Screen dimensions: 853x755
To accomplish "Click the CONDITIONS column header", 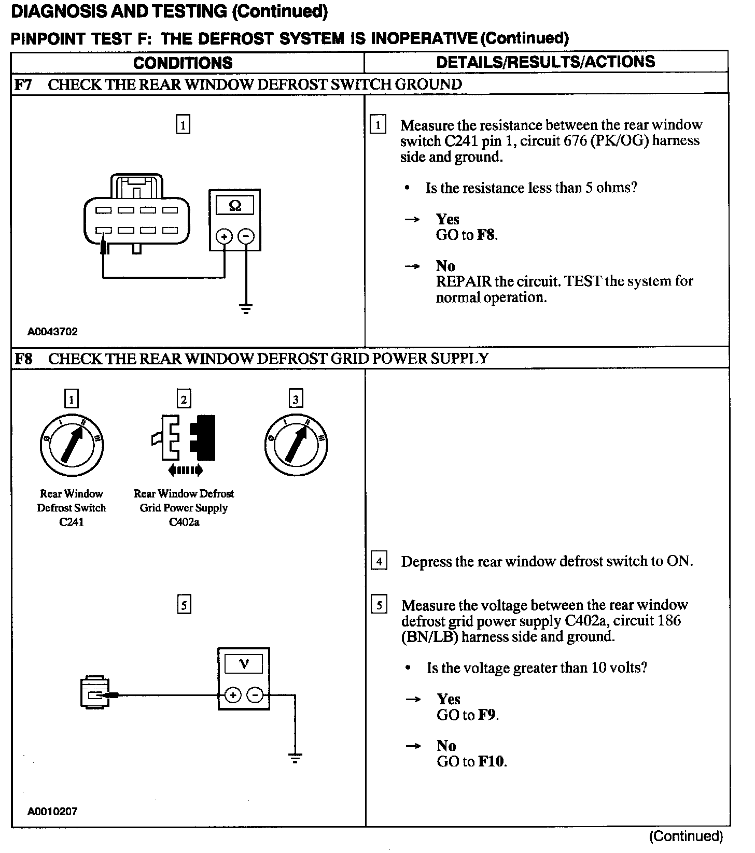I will coord(183,63).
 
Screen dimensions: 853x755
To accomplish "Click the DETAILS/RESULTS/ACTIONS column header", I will coord(546,62).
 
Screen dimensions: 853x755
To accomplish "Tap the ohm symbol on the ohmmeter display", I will coord(235,206).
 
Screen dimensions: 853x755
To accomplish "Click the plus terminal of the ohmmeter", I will coord(225,237).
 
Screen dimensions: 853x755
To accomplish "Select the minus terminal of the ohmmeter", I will coord(246,237).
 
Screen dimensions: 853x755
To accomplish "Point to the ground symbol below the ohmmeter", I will coord(246,309).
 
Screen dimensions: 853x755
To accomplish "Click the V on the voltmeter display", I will coord(243,664).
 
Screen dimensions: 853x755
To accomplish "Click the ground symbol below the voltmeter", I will coord(295,759).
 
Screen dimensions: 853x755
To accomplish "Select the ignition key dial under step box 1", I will coord(72,445).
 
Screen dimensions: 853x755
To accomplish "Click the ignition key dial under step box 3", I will coord(296,445).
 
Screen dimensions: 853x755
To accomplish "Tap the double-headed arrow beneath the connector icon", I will coord(185,471).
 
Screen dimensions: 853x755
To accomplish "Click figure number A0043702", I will coord(53,332).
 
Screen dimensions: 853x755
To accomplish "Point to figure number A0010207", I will coord(52,812).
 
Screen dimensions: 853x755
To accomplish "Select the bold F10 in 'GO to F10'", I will coord(492,761).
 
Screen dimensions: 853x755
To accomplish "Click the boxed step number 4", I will coord(379,561).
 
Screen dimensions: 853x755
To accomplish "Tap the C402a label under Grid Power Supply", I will coord(184,522).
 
